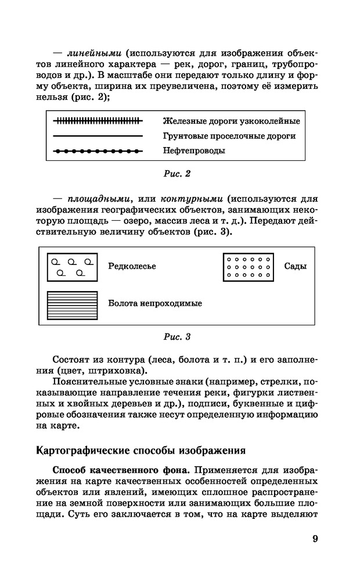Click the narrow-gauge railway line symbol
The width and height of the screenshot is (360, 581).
[98, 121]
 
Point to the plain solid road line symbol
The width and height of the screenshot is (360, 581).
[98, 136]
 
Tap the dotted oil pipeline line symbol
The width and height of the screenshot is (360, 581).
[98, 151]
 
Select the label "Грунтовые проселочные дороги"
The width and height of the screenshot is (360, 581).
[229, 136]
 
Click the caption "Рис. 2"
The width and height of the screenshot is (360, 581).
[179, 173]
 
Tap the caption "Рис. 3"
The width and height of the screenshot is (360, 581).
[179, 336]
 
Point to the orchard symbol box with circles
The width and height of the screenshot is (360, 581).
[249, 266]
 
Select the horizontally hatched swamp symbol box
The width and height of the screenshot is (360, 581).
[72, 302]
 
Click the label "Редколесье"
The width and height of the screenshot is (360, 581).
[132, 266]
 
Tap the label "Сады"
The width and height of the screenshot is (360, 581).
[295, 266]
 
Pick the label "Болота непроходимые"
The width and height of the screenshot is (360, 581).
[155, 303]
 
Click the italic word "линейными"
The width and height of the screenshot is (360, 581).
[92, 53]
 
